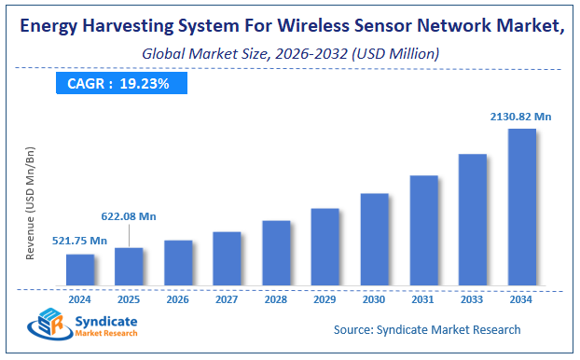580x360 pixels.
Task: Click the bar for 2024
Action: point(80,269)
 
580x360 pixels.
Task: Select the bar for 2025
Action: point(129,266)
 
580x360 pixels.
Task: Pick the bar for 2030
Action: point(374,239)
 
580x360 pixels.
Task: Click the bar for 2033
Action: point(472,219)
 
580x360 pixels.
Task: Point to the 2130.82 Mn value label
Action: point(521,117)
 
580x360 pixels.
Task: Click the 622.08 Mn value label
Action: point(129,216)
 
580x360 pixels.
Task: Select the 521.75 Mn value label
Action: point(79,241)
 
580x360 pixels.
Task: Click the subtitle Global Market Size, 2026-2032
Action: point(289,55)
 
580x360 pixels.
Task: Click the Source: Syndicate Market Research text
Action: point(427,329)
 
